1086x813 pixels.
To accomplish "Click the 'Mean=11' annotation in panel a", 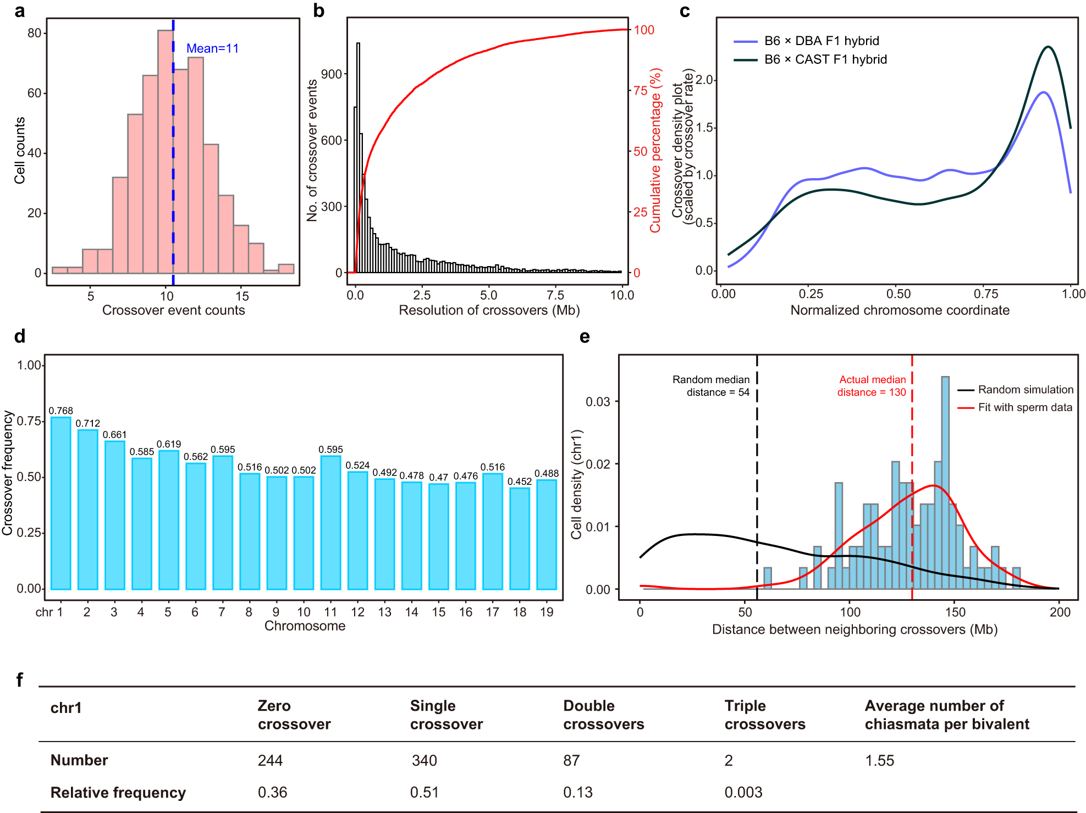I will click(212, 48).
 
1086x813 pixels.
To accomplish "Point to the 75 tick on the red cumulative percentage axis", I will click(640, 91).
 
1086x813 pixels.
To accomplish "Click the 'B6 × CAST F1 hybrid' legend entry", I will click(825, 59).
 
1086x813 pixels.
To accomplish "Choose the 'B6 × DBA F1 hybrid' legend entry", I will click(821, 41).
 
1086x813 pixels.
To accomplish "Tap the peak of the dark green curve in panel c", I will click(1048, 47).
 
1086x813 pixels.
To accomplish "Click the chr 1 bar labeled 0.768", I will click(61, 503).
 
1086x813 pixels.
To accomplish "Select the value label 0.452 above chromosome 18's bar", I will click(519, 482).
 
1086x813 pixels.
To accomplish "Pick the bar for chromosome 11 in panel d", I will click(330, 522).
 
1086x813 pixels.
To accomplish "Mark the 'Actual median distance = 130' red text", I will click(872, 386).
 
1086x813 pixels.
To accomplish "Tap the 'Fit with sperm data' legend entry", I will click(1024, 407).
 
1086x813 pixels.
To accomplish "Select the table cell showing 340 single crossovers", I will click(424, 760).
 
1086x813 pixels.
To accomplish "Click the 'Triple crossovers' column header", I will click(764, 715).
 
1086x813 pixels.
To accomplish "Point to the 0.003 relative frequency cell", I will click(743, 792).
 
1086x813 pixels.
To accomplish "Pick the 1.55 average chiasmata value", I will click(879, 760).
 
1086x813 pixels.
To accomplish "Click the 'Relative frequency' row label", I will click(118, 792).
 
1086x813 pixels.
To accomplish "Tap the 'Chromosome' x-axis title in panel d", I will click(305, 626).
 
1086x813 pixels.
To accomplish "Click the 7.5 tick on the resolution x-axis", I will click(555, 295).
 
